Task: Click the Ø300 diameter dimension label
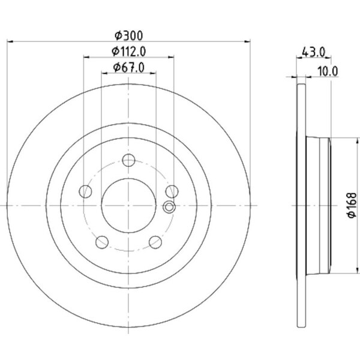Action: (128, 35)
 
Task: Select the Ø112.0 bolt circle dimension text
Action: (128, 52)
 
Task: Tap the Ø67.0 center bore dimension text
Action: (129, 67)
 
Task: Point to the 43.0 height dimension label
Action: (314, 52)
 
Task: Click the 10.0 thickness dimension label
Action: (328, 71)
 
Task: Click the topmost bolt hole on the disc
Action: (128, 160)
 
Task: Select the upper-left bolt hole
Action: (85, 191)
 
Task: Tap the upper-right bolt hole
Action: (172, 191)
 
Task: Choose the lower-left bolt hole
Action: (102, 242)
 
